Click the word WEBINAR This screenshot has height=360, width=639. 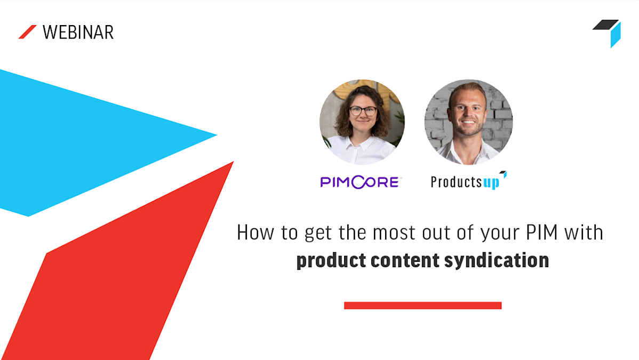click(78, 32)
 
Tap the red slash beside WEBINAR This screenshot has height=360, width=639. click(28, 32)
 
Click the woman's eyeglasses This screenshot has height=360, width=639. click(363, 110)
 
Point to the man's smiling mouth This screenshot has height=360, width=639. click(468, 122)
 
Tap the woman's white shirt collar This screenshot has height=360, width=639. click(362, 143)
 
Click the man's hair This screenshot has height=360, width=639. click(467, 91)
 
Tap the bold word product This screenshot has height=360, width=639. click(331, 260)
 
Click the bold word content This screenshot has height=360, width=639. click(405, 260)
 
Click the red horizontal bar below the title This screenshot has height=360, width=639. click(422, 306)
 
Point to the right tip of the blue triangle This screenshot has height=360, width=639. click(217, 135)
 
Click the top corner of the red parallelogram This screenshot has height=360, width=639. click(234, 162)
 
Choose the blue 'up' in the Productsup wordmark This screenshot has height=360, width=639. click(491, 183)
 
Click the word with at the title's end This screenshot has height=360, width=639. click(584, 233)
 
